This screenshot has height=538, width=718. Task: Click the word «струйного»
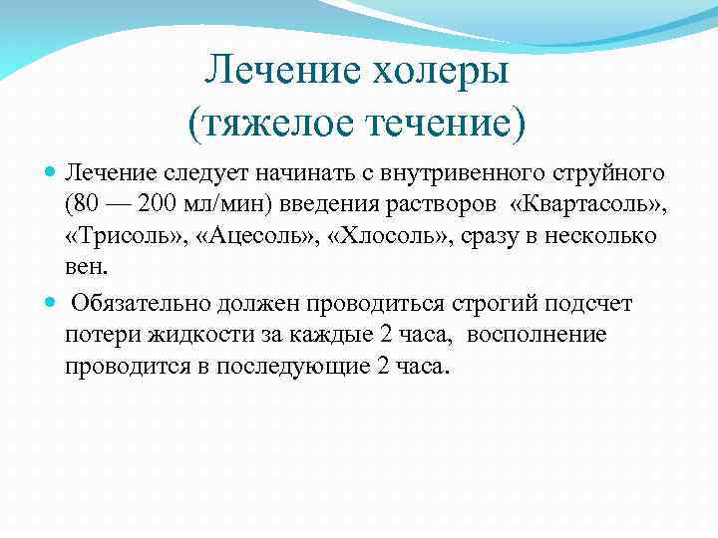[613, 174]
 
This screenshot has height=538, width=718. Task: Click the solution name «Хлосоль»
[384, 238]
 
